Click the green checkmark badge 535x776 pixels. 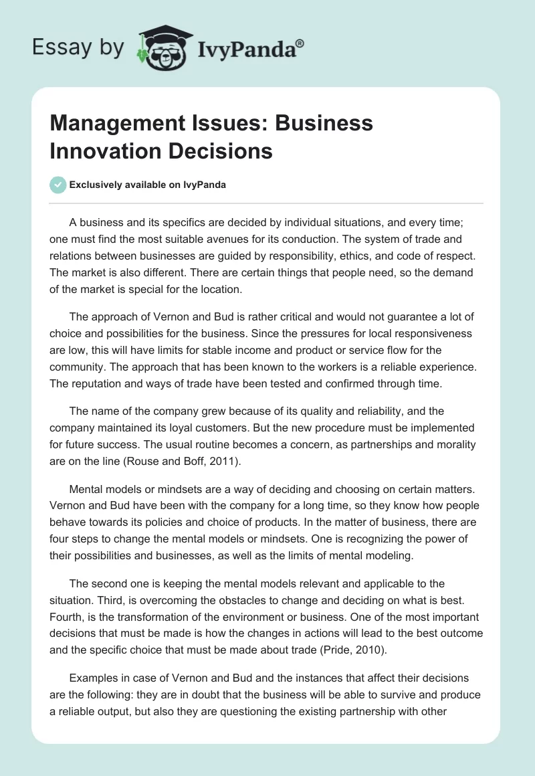(x=58, y=185)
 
